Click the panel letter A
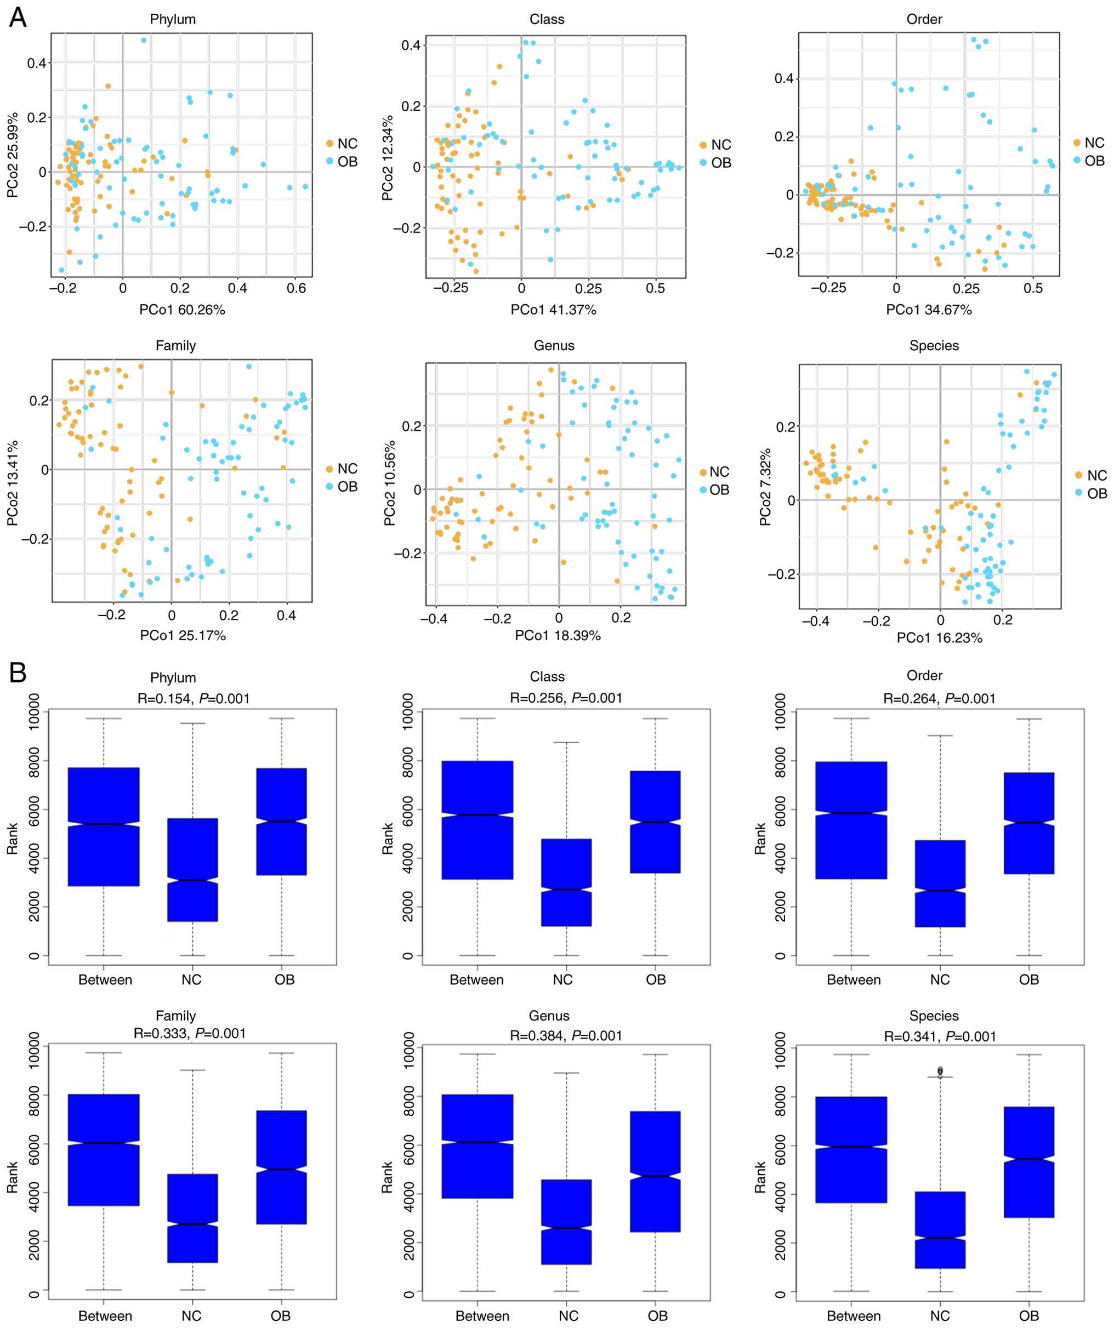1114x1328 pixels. pyautogui.click(x=17, y=17)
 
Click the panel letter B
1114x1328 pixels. pyautogui.click(x=17, y=672)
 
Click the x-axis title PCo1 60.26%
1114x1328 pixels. pyautogui.click(x=182, y=309)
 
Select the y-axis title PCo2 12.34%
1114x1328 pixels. pyautogui.click(x=387, y=158)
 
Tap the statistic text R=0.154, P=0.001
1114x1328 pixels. pyautogui.click(x=194, y=698)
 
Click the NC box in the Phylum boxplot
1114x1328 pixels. pyautogui.click(x=192, y=869)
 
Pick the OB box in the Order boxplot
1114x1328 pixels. pyautogui.click(x=1029, y=823)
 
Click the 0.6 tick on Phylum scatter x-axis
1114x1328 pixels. pyautogui.click(x=296, y=288)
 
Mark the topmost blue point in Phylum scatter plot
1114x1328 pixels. pyautogui.click(x=144, y=40)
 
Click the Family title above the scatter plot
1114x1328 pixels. pyautogui.click(x=176, y=345)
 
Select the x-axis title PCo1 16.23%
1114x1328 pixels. pyautogui.click(x=940, y=638)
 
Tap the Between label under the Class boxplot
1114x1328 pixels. pyautogui.click(x=476, y=979)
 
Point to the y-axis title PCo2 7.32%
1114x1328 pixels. pyautogui.click(x=765, y=487)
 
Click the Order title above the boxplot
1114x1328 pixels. pyautogui.click(x=924, y=675)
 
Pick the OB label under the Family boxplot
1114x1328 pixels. pyautogui.click(x=280, y=1316)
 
